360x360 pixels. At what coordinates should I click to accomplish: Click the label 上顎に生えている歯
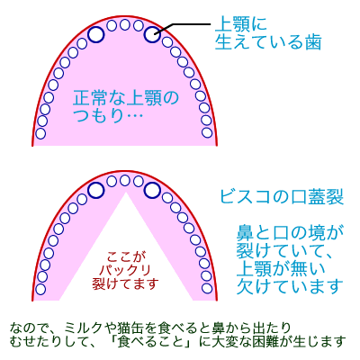point(268,33)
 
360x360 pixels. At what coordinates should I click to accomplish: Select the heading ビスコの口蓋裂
point(282,197)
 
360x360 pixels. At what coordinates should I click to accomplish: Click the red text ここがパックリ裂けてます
point(125,270)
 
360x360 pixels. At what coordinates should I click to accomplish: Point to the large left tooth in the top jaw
point(96,34)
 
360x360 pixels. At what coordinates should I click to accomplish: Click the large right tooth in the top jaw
point(152,34)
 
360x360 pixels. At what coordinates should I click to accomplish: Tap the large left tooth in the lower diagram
point(96,190)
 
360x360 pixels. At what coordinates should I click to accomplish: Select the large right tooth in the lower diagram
point(152,190)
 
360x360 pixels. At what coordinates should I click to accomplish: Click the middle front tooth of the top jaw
point(125,24)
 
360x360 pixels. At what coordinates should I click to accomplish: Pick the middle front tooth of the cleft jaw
point(125,181)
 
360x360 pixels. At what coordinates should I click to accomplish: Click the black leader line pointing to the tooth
point(183,27)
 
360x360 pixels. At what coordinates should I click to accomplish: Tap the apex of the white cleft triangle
point(126,193)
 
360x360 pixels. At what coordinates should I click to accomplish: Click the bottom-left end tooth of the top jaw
point(40,133)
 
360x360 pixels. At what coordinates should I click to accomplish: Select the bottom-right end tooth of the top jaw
point(207,132)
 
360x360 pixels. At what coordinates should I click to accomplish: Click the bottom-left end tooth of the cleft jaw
point(40,289)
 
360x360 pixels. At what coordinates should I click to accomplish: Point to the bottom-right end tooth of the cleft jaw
point(207,288)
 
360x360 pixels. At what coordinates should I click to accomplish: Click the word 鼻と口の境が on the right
point(290,233)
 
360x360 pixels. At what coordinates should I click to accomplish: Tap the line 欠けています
point(290,286)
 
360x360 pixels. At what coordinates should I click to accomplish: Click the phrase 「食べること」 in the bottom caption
point(154,342)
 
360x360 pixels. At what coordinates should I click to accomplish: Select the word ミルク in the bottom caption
point(83,327)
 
